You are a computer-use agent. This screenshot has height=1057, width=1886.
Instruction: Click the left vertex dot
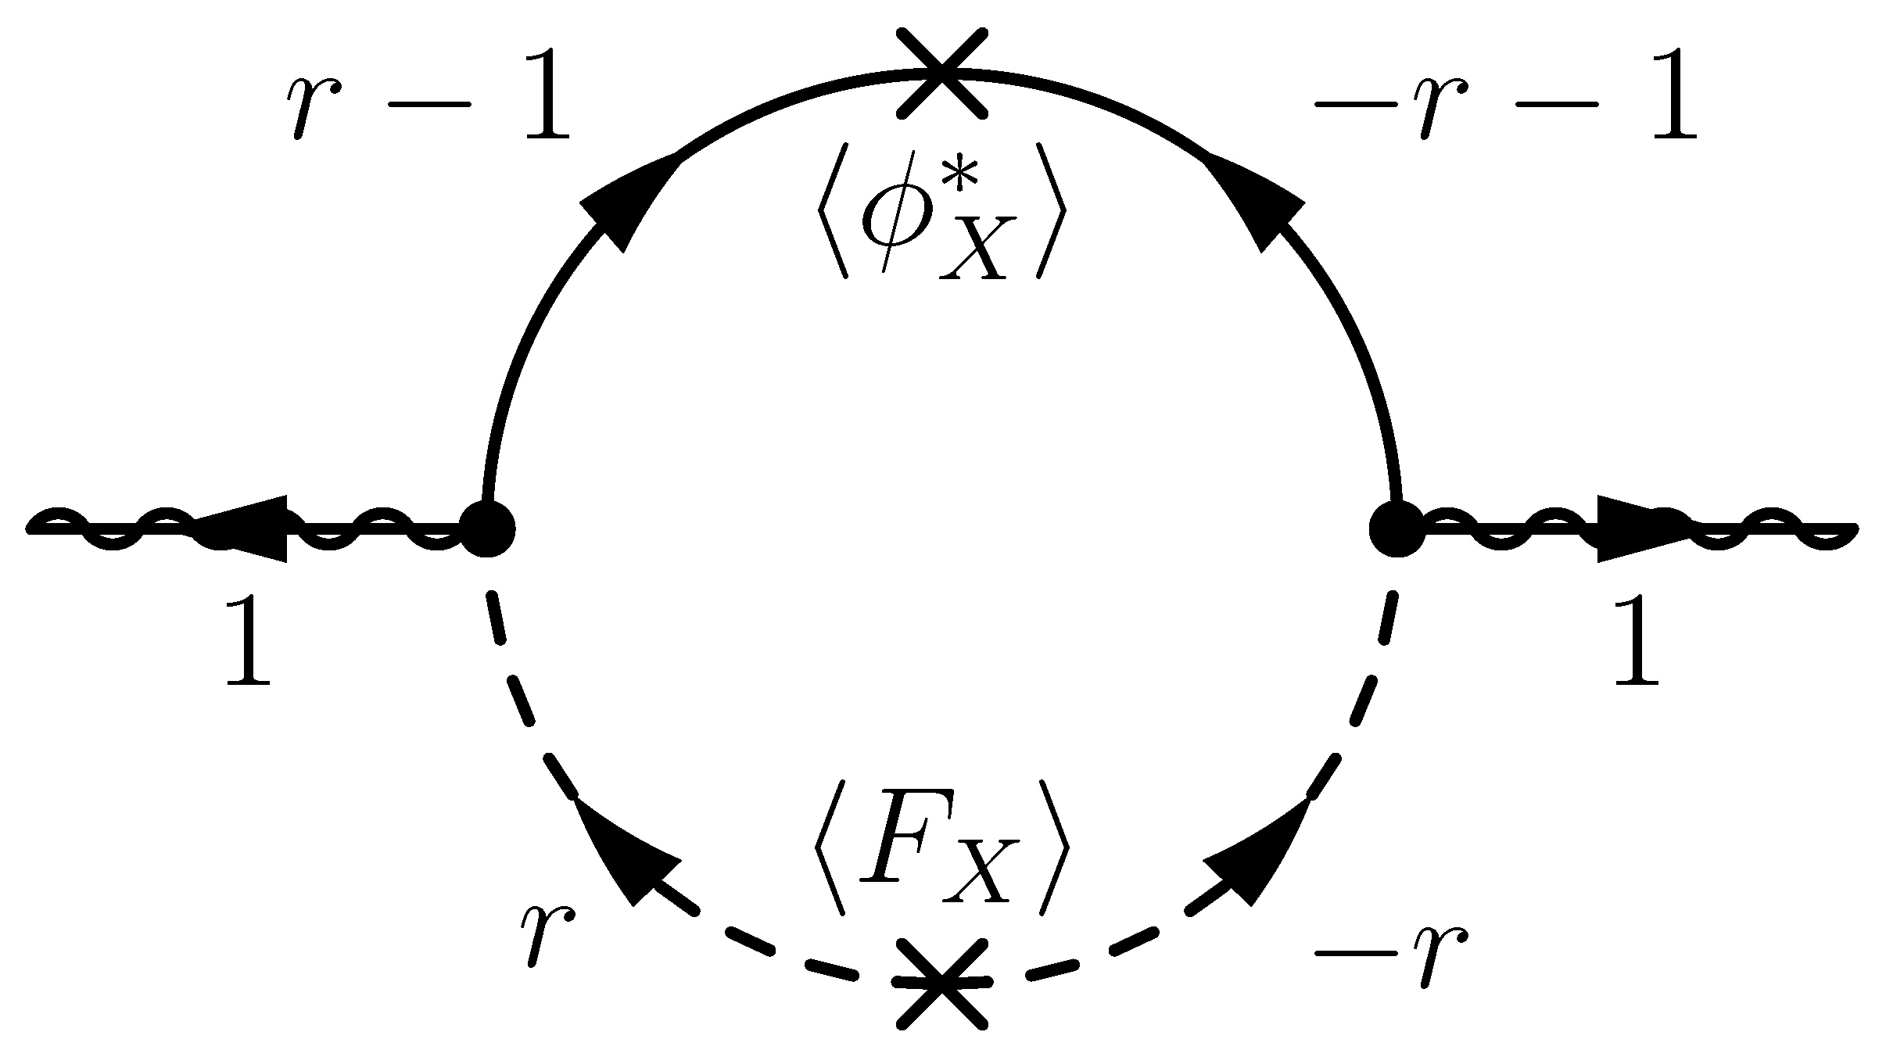[x=486, y=529]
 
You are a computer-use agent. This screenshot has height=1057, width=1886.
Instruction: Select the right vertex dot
[x=1397, y=529]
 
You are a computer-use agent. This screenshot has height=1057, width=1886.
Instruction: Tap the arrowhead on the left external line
[x=246, y=529]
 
